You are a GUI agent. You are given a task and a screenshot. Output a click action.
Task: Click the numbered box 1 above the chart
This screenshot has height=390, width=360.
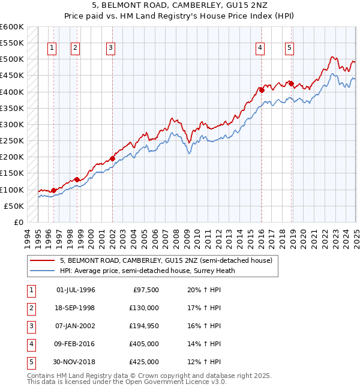pos(52,49)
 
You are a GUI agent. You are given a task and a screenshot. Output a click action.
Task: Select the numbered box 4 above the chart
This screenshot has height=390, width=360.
pos(260,49)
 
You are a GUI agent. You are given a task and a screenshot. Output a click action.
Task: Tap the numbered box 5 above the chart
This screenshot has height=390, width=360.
pos(290,49)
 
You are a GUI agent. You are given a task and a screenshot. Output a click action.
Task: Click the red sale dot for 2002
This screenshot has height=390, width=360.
pos(112,159)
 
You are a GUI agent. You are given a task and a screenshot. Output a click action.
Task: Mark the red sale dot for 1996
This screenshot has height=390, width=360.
pos(53,190)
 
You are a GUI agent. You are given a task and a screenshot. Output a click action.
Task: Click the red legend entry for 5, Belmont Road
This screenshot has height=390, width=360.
pos(166,260)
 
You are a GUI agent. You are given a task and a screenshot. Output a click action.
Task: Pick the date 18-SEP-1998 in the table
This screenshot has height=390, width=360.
pos(75,308)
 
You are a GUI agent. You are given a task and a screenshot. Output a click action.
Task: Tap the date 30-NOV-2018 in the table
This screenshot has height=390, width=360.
pos(75,362)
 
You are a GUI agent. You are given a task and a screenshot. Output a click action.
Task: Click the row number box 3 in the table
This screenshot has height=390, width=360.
pos(31,326)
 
